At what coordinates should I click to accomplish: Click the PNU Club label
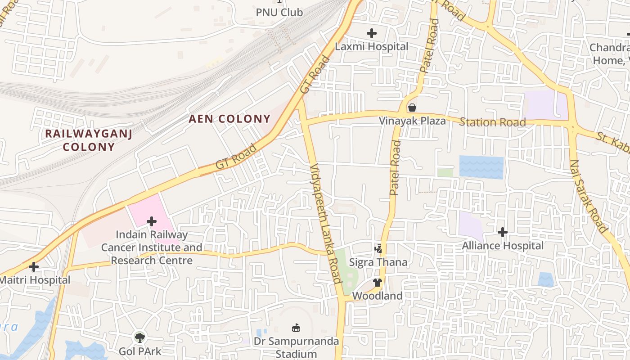point(279,12)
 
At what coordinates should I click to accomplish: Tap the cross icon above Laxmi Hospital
point(371,33)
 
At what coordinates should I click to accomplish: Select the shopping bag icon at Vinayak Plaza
point(412,108)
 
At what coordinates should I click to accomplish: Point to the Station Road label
point(492,122)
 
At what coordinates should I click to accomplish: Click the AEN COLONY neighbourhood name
point(229,119)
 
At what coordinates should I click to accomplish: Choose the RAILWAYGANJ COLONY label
point(89,140)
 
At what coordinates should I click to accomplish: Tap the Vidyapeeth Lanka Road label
point(326,223)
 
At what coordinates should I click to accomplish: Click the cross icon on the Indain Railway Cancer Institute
point(152,221)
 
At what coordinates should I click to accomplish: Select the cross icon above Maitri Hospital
point(33,266)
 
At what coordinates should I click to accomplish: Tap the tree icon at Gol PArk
point(140,337)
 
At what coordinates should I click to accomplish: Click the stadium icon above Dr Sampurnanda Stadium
point(296,328)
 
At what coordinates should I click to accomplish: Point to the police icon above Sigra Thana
point(378,248)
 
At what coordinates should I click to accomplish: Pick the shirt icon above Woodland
point(377,283)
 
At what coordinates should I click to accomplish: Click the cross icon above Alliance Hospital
point(503,232)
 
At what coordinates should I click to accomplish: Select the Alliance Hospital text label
point(503,246)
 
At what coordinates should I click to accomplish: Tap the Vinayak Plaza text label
point(412,121)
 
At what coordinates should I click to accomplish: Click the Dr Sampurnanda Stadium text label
point(296,347)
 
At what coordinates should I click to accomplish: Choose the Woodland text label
point(377,296)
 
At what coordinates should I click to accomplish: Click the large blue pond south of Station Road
point(481,167)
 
